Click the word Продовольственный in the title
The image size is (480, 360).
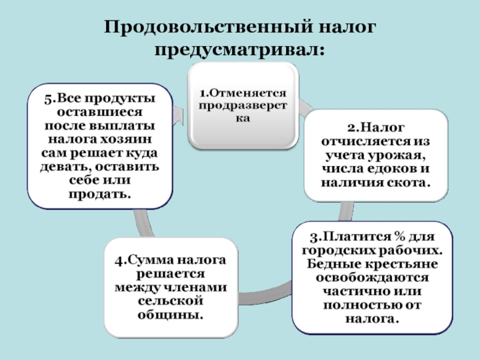208,27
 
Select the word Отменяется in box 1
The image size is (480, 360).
248,92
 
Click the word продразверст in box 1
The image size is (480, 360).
243,106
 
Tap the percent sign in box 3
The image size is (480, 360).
399,236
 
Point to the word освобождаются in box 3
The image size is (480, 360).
372,278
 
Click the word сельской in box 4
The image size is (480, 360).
170,301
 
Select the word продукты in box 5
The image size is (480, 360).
120,99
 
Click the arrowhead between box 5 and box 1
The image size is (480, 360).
179,116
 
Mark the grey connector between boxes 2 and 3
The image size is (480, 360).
346,211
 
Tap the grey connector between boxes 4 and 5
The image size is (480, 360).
143,223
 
